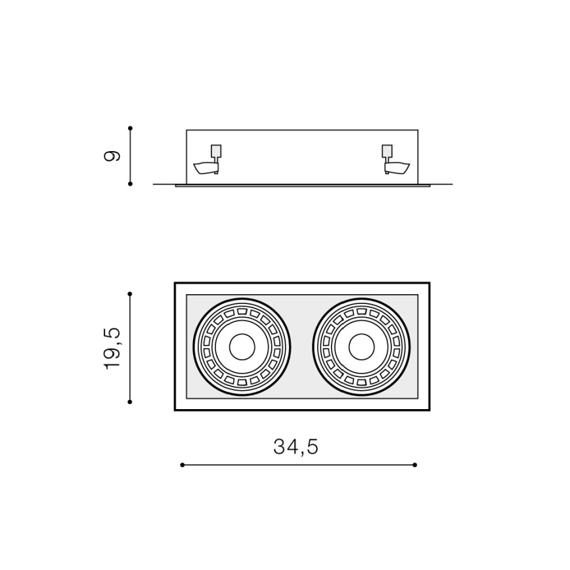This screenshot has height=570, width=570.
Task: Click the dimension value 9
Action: (x=113, y=156)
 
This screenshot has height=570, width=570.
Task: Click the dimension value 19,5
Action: (x=113, y=347)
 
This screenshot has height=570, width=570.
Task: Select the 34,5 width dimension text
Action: (x=296, y=447)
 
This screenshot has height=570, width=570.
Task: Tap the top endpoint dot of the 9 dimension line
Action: (x=131, y=128)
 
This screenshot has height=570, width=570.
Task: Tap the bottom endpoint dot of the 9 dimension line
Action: (x=131, y=184)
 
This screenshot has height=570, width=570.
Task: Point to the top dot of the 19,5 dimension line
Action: (x=131, y=294)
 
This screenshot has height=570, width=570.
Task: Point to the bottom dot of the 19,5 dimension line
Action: (x=131, y=401)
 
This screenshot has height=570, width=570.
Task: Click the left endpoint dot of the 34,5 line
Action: (x=182, y=465)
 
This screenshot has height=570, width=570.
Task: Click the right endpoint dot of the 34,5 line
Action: (x=415, y=465)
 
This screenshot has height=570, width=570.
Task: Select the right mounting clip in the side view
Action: (x=395, y=162)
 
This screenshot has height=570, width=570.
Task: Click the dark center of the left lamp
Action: (x=242, y=347)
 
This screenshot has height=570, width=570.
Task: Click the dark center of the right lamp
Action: (x=362, y=347)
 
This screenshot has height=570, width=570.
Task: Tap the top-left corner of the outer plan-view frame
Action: (x=175, y=284)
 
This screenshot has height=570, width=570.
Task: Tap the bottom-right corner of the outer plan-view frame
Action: (x=429, y=409)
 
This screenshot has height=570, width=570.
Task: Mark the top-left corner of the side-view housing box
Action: (x=186, y=130)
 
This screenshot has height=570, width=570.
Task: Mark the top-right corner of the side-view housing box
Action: (x=418, y=130)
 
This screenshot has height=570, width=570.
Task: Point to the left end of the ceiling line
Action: (x=154, y=184)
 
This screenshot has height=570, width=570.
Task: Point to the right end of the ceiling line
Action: (x=452, y=184)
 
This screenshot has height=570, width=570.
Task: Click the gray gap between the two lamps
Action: (x=302, y=347)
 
